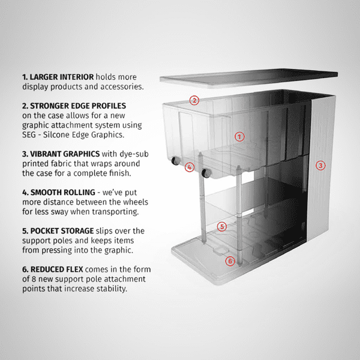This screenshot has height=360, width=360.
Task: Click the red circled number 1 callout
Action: click(x=239, y=136)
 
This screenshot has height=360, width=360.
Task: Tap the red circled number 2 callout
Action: click(x=194, y=100)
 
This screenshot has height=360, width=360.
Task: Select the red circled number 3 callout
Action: click(x=320, y=165)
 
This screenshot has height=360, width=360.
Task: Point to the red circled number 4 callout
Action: click(x=190, y=167)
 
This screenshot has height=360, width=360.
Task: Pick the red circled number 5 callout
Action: click(x=222, y=226)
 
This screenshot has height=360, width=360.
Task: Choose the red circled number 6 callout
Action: click(x=230, y=261)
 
